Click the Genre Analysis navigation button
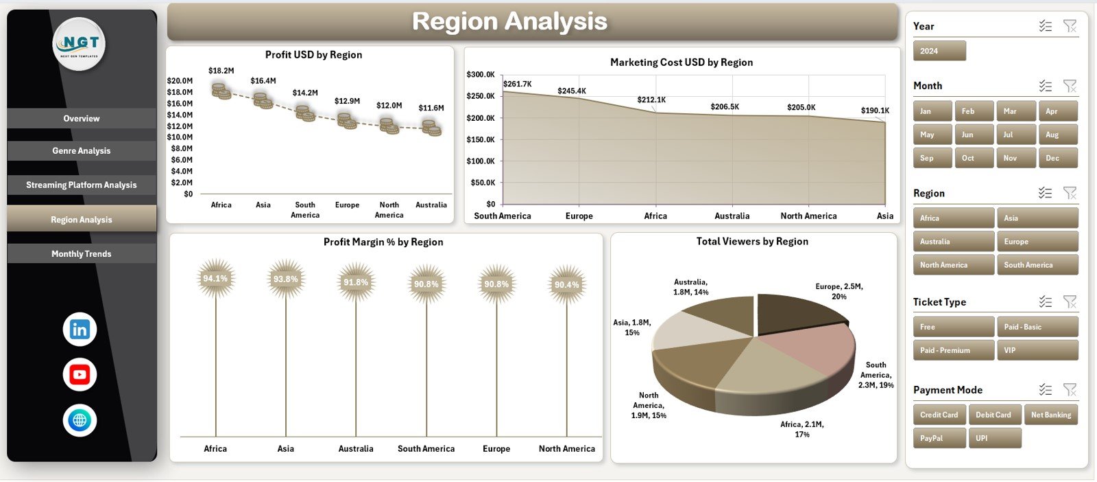pyautogui.click(x=82, y=151)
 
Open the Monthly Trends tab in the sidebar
pyautogui.click(x=82, y=254)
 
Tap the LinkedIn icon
pyautogui.click(x=80, y=330)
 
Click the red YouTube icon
pyautogui.click(x=80, y=375)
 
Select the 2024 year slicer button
pyautogui.click(x=939, y=51)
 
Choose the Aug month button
pyautogui.click(x=1058, y=135)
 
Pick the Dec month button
pyautogui.click(x=1058, y=158)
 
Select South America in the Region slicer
pyautogui.click(x=1037, y=265)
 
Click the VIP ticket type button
pyautogui.click(x=1037, y=350)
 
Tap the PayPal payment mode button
pyautogui.click(x=939, y=438)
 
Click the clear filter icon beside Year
pyautogui.click(x=1070, y=26)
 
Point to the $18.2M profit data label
pyautogui.click(x=221, y=71)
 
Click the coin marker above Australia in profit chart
pyautogui.click(x=431, y=128)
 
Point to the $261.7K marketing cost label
pyautogui.click(x=517, y=84)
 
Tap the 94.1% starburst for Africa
pyautogui.click(x=215, y=279)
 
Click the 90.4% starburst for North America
pyautogui.click(x=566, y=284)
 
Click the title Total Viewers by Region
pyautogui.click(x=752, y=242)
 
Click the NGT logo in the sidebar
pyautogui.click(x=80, y=44)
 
